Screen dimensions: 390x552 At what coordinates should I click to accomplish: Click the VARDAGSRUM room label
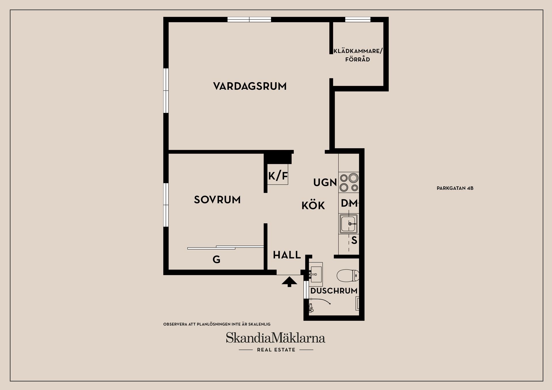pos(250,86)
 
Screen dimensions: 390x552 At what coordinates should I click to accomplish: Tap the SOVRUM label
pos(217,200)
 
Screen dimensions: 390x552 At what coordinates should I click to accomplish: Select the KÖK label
pos(313,206)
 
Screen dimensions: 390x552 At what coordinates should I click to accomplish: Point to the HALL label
pos(287,255)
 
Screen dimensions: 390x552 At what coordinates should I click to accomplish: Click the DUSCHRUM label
pos(334,291)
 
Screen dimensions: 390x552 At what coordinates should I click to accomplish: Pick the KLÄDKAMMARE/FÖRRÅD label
pos(358,55)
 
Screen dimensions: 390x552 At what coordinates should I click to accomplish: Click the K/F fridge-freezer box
pos(278,176)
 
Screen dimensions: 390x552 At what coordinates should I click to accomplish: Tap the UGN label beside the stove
pos(325,182)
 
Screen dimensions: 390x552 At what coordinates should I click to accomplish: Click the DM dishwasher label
pos(349,203)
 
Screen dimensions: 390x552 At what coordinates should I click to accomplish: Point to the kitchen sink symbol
pos(349,224)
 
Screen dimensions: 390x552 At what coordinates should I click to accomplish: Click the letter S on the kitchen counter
pos(354,240)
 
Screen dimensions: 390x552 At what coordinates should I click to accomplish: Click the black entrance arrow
pos(289,281)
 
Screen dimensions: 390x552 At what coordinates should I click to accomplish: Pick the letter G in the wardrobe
pos(216,260)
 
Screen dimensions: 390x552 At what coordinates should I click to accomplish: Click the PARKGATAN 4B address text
pos(455,189)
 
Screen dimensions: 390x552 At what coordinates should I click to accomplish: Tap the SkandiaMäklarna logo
pos(275,338)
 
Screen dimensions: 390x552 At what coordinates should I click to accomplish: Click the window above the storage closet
pos(358,20)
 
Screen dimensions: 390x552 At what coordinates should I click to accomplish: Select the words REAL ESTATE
pos(276,350)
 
